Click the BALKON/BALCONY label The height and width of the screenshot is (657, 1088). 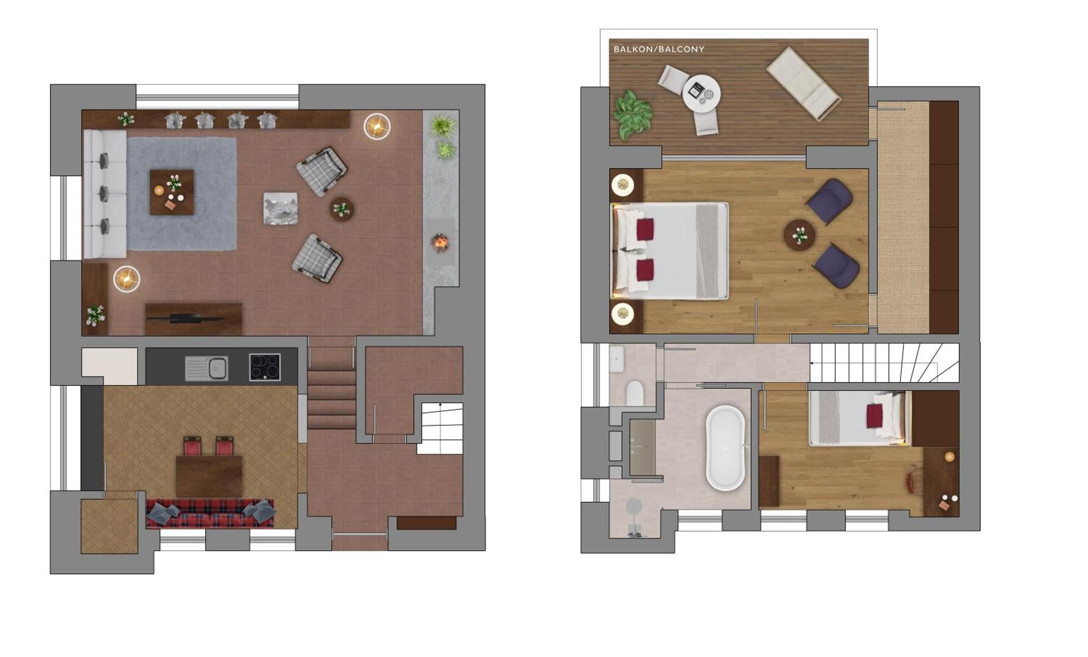click(658, 49)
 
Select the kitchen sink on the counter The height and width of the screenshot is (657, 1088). click(207, 368)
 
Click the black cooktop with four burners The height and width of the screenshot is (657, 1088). click(265, 367)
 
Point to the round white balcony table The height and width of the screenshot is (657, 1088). click(702, 94)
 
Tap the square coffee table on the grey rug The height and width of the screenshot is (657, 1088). click(172, 192)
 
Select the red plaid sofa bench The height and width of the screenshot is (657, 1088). click(210, 514)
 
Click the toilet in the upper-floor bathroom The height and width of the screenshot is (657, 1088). click(635, 393)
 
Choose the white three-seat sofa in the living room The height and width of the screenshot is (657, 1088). click(105, 194)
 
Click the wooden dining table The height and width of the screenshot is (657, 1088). click(209, 476)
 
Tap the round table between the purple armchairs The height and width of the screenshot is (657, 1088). click(800, 234)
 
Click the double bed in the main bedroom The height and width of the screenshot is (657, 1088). click(670, 251)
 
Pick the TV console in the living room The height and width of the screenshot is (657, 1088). click(193, 318)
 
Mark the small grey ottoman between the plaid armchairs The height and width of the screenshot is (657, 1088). click(280, 208)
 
